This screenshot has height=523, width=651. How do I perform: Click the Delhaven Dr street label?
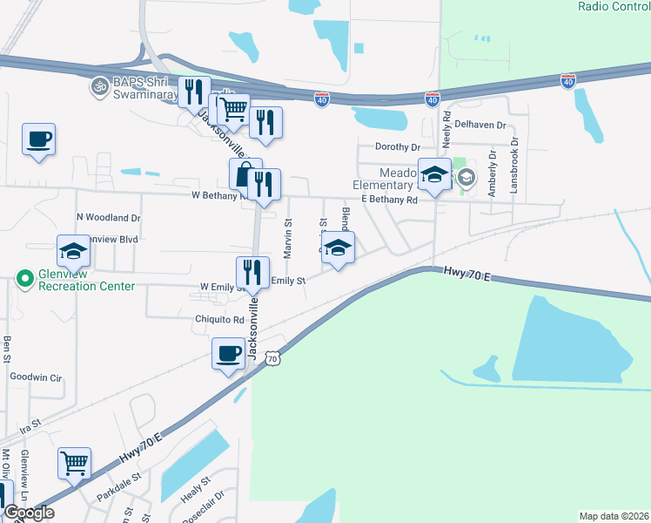pyautogui.click(x=480, y=126)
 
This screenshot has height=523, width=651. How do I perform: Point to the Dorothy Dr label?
pyautogui.click(x=397, y=147)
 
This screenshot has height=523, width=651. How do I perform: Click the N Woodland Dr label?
pyautogui.click(x=109, y=217)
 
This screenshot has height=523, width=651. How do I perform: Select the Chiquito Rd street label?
pyautogui.click(x=219, y=320)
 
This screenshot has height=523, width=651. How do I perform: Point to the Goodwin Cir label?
pyautogui.click(x=37, y=377)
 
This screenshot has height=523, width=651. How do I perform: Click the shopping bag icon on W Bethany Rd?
pyautogui.click(x=245, y=173)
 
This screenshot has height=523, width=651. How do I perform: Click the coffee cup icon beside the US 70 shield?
pyautogui.click(x=228, y=353)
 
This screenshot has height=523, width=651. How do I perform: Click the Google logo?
pyautogui.click(x=29, y=513)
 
